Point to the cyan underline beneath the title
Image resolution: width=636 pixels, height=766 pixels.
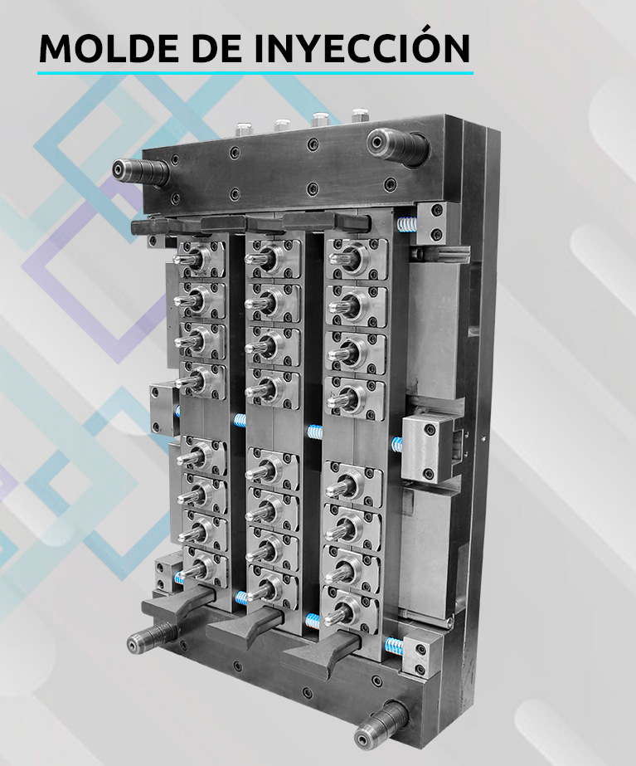[255, 73]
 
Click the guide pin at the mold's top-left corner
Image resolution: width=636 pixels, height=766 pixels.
[140, 172]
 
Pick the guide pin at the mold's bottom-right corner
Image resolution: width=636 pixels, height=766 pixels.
[381, 724]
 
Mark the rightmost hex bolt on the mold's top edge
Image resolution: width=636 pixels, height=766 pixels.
[360, 115]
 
